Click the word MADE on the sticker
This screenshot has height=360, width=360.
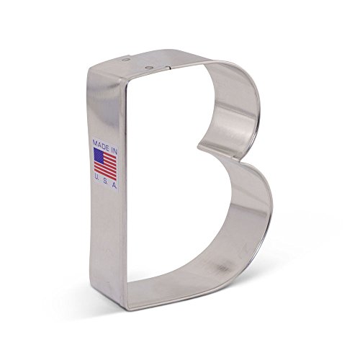click(100, 144)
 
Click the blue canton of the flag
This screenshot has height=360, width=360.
click(99, 155)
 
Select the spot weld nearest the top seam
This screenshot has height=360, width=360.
click(148, 67)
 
